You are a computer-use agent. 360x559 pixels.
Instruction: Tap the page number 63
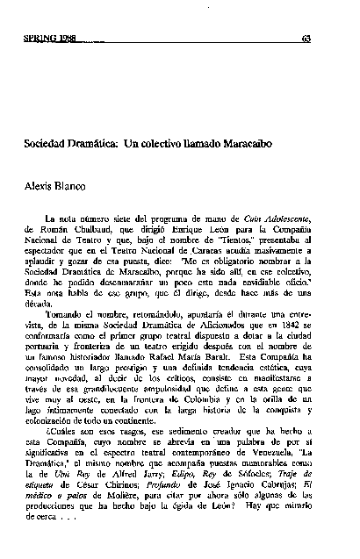[x=306, y=38]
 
